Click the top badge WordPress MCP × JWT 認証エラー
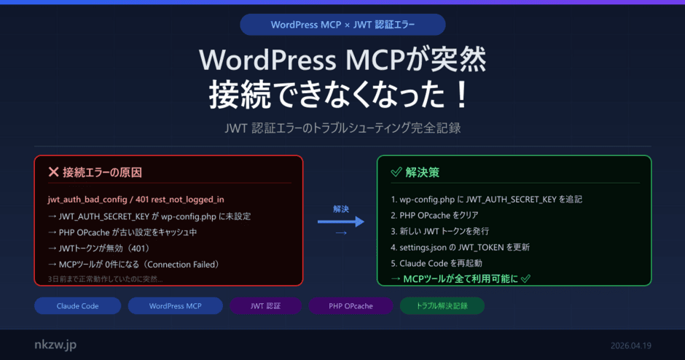(342, 24)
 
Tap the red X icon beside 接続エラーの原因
(53, 173)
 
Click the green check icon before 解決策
(396, 173)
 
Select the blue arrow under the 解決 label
(340, 222)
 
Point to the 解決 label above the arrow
(340, 209)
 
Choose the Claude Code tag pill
(77, 306)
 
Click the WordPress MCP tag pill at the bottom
(175, 306)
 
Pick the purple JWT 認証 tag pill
(265, 306)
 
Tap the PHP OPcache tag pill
(351, 306)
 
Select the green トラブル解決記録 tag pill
(442, 306)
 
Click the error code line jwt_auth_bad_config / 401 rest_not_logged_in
(136, 199)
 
